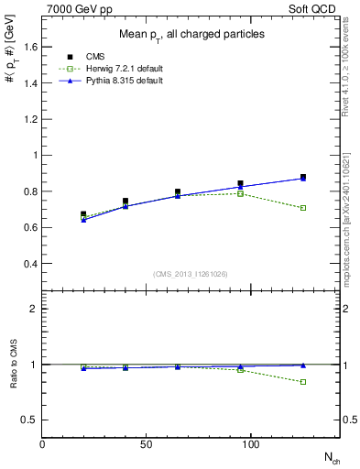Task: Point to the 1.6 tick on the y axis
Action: click(29, 47)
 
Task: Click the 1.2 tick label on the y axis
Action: click(29, 119)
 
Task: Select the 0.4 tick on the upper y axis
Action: click(29, 264)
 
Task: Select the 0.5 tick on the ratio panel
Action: click(29, 420)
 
